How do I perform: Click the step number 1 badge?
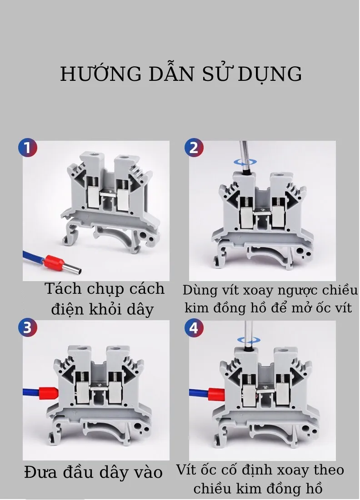point(27,148)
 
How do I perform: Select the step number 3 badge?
point(27,327)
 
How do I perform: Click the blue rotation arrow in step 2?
point(245,162)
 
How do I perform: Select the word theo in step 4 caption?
point(329,470)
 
